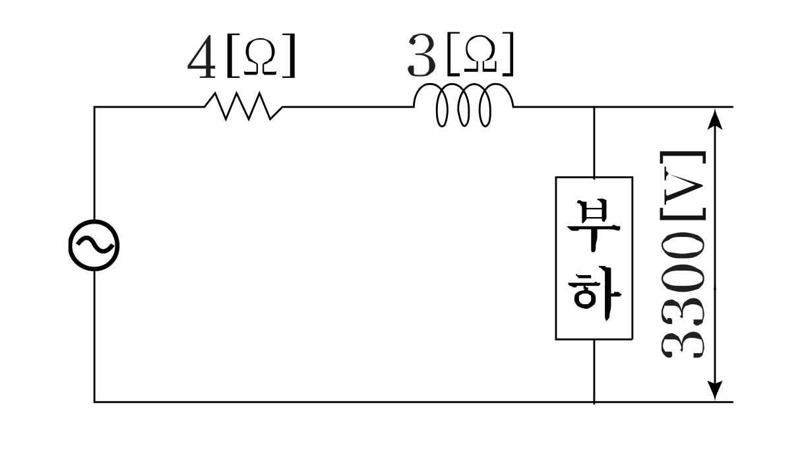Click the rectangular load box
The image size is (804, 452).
[594, 258]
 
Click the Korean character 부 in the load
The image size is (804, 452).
[594, 224]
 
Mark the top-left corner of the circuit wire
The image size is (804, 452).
[94, 106]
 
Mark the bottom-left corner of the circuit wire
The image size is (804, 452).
[94, 401]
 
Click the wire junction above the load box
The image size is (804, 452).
[594, 106]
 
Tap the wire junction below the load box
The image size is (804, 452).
[594, 401]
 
